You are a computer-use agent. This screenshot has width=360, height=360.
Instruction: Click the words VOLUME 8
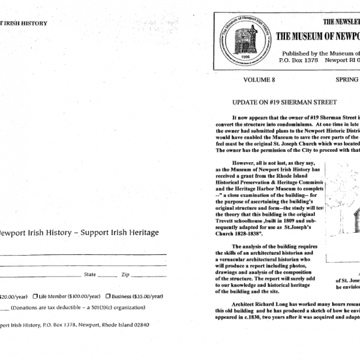(x=260, y=79)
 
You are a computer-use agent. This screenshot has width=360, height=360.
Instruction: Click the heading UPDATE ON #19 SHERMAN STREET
(x=284, y=103)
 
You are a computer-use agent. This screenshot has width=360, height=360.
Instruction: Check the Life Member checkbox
(x=36, y=296)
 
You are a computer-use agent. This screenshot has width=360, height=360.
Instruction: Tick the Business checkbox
(x=108, y=296)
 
